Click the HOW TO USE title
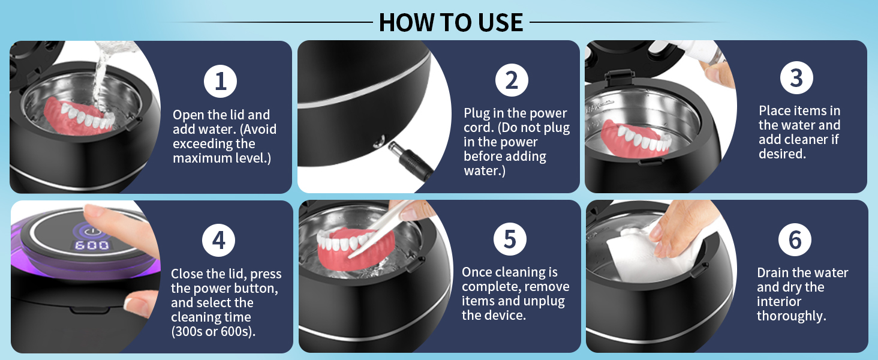point(451,22)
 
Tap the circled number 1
point(220,81)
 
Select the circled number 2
point(512,80)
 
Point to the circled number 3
point(796,77)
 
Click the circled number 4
point(219,240)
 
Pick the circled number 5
point(510,239)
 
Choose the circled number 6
point(795,239)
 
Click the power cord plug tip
point(392,146)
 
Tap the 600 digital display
point(92,245)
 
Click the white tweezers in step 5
point(378,229)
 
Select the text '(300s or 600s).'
point(214,332)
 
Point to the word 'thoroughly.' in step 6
point(792,316)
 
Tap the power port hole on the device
point(378,140)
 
